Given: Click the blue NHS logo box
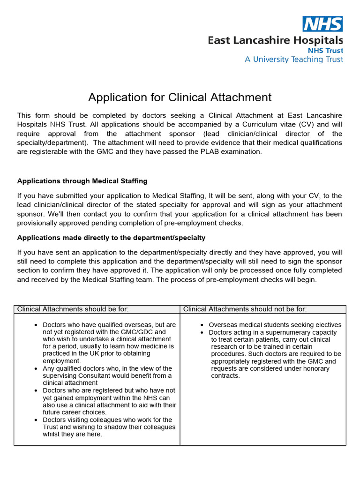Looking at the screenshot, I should (322, 23).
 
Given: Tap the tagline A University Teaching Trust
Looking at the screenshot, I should (293, 60).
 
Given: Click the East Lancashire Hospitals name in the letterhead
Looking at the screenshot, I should (275, 41).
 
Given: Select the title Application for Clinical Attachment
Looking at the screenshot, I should (180, 97).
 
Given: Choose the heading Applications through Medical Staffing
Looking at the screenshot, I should (82, 181).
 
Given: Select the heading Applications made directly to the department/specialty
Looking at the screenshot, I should (111, 238).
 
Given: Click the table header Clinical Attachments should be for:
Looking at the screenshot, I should (73, 309).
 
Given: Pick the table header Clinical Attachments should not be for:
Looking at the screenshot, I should (245, 309).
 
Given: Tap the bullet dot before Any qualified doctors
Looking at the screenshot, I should (37, 369).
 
